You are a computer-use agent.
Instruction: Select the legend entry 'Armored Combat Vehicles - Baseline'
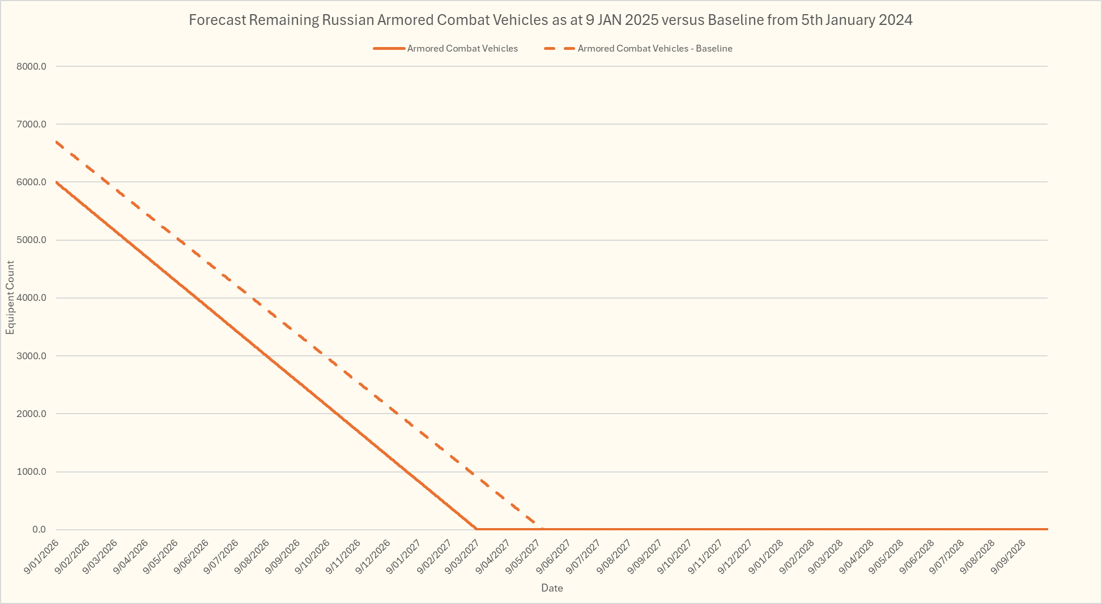654,49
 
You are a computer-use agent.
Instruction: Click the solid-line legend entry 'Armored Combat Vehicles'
462,49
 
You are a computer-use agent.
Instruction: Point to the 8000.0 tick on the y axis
32,66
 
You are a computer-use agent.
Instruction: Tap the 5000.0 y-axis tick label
32,240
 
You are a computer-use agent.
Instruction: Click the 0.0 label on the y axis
39,530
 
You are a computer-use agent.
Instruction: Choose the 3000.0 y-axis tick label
32,356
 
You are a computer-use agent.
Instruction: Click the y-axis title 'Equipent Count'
10,298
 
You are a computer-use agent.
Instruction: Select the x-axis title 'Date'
552,588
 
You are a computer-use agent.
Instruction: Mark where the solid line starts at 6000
57,182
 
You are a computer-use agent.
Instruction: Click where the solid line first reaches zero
476,529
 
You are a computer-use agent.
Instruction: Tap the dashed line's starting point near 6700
57,142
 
